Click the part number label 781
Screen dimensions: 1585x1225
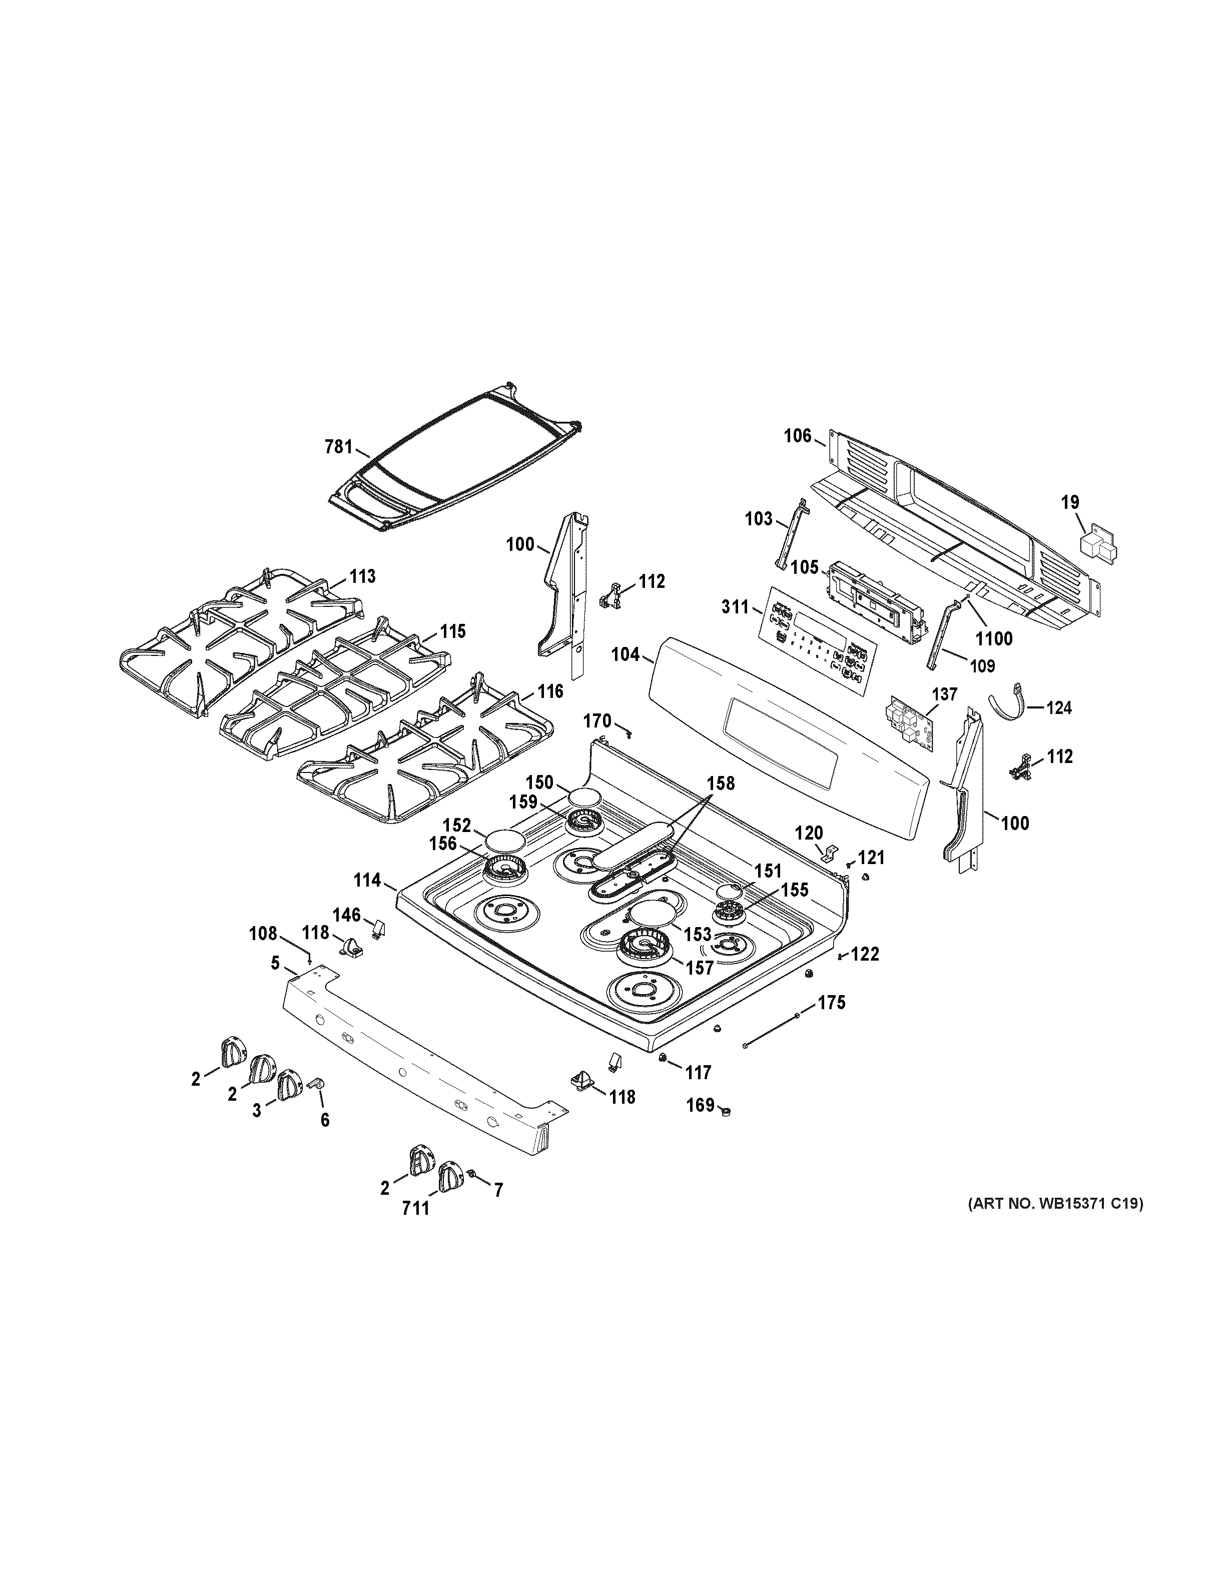pyautogui.click(x=337, y=447)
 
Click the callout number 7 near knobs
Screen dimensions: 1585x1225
pyautogui.click(x=498, y=1190)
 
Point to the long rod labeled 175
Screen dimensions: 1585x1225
pyautogui.click(x=771, y=1031)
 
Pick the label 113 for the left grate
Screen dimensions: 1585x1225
pyautogui.click(x=362, y=576)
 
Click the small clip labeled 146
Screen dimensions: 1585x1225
pyautogui.click(x=378, y=928)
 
